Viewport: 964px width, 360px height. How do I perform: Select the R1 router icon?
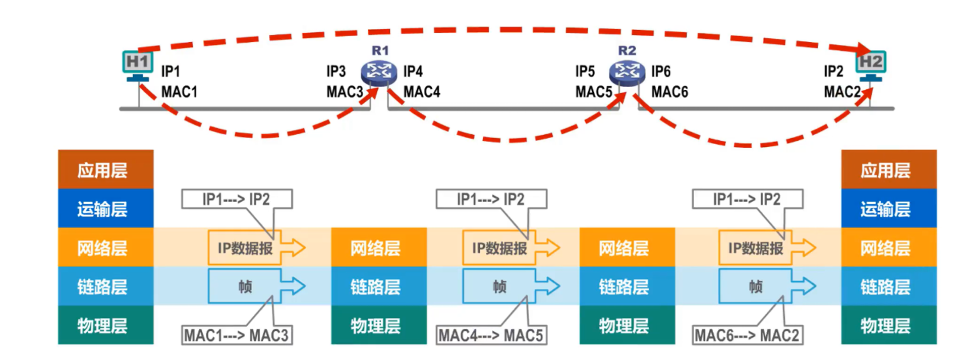pos(379,73)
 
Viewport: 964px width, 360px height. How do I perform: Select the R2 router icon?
pos(627,73)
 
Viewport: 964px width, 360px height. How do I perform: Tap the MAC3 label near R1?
pos(345,92)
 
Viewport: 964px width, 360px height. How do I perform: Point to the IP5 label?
pos(585,71)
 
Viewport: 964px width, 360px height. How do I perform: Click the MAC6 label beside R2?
pos(669,92)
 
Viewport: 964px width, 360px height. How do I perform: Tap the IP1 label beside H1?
pos(170,71)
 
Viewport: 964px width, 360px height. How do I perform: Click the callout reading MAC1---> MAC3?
pos(236,335)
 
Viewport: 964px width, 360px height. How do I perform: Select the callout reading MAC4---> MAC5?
pos(490,335)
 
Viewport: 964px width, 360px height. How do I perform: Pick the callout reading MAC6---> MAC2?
pos(747,335)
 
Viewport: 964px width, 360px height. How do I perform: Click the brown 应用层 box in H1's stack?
pos(105,169)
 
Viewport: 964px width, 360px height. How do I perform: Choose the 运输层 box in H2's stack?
pos(888,208)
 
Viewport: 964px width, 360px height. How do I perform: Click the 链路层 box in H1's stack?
pos(105,286)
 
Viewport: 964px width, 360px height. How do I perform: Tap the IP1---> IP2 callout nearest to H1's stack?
pos(236,199)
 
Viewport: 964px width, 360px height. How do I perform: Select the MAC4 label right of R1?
pos(422,92)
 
